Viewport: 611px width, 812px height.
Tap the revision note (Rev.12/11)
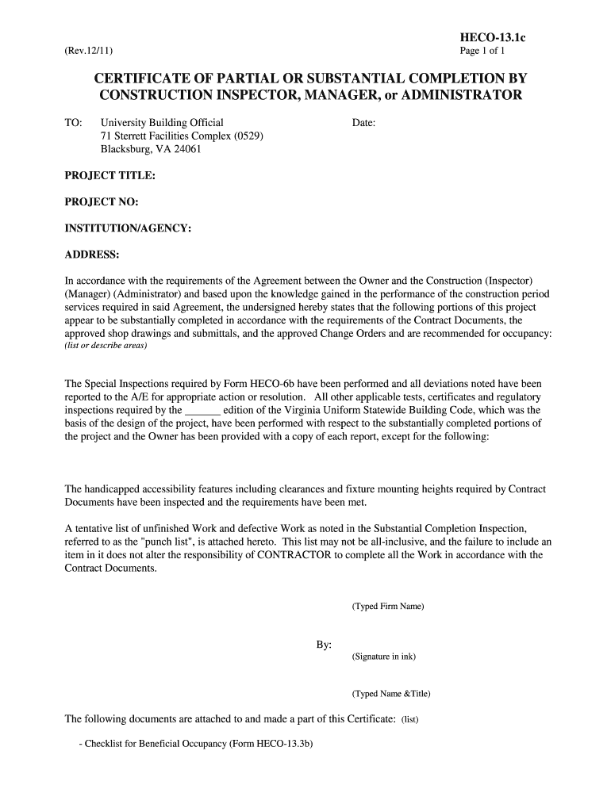click(x=89, y=52)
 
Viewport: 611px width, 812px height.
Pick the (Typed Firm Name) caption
click(x=388, y=607)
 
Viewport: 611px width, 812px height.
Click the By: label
click(x=324, y=645)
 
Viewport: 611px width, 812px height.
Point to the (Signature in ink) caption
click(x=384, y=657)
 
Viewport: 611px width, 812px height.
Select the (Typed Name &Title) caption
click(x=391, y=694)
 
